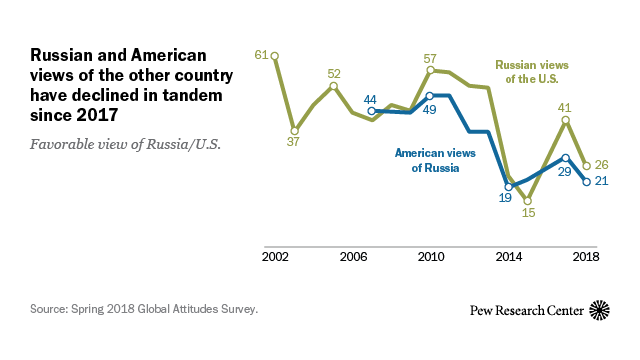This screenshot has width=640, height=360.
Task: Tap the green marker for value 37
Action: coord(294,130)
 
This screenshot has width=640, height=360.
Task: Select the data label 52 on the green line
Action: coord(334,73)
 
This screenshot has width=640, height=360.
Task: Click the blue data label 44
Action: coord(370,99)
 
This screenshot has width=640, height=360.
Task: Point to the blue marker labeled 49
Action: coord(430,96)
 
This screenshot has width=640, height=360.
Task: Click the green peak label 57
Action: coord(431,58)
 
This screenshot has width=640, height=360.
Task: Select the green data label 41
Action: coord(567,107)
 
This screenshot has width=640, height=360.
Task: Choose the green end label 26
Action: coord(602,165)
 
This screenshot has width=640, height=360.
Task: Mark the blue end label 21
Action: coord(602,182)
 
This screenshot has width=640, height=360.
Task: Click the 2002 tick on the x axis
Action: coord(274,257)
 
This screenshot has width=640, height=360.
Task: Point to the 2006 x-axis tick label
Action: coord(352,257)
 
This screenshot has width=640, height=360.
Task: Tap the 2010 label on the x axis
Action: coord(430,257)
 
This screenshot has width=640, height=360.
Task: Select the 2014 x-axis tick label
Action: coord(508,257)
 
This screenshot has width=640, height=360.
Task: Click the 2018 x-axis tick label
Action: coord(586,257)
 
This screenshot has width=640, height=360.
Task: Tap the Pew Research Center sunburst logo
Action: coord(600,310)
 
